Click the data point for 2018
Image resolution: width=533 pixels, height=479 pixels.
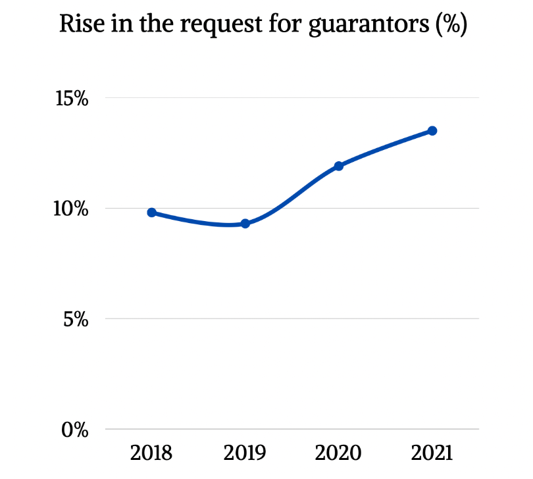[151, 213]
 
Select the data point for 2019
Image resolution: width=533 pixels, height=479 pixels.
[245, 224]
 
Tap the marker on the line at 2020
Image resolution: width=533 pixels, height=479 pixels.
[339, 166]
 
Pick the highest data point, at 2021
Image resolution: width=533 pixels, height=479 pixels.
[432, 131]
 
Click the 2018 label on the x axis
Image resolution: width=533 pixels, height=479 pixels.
[151, 453]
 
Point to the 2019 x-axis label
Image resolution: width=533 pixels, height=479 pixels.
[245, 453]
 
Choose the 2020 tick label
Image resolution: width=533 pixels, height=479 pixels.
[338, 453]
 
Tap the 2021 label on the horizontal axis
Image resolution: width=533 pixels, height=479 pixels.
[432, 453]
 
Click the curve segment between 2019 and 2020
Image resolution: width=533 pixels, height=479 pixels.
[292, 195]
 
